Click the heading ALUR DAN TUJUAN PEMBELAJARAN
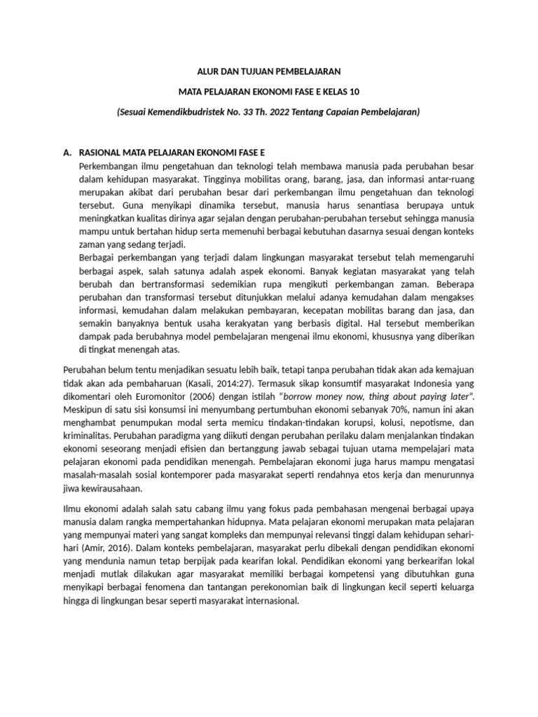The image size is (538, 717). pos(268,71)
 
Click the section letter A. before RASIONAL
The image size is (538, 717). pos(67,152)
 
